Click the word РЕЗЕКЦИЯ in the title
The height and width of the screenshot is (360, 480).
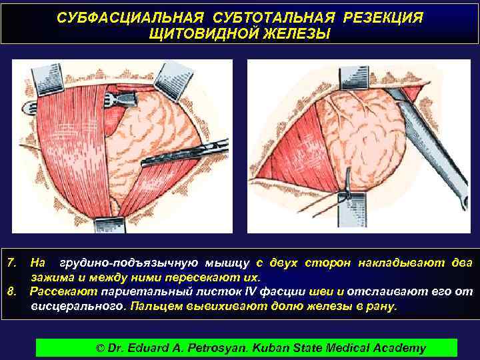[x=382, y=16]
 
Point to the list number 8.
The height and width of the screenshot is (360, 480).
[x=11, y=291]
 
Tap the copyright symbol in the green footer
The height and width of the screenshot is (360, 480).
[x=101, y=347]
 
